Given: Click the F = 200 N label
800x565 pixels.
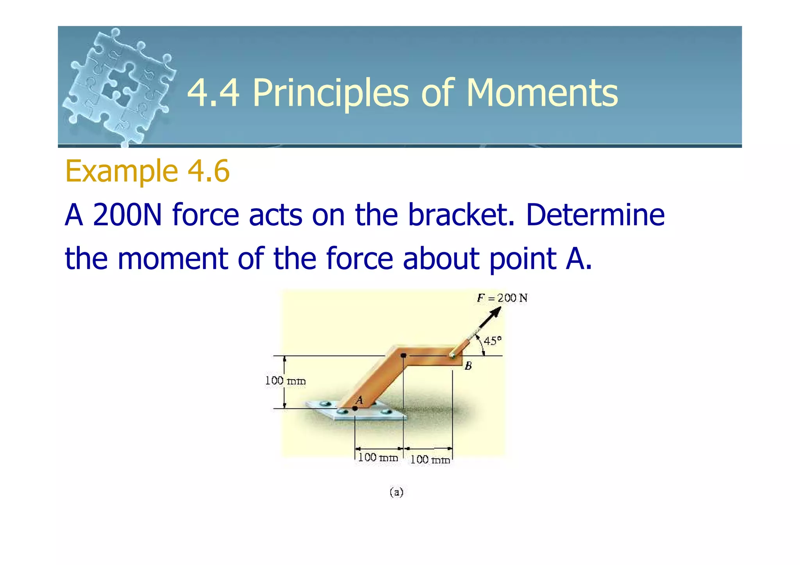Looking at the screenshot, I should click(502, 298).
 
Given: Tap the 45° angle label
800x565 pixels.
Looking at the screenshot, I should click(492, 341).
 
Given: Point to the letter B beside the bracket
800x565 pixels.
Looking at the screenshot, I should click(468, 366).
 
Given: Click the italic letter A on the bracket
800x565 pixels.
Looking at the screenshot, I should click(359, 400).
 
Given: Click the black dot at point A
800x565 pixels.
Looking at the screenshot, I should click(355, 408).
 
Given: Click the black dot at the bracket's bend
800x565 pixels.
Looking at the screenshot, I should click(404, 356).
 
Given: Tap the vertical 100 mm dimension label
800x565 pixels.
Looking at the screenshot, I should click(285, 381).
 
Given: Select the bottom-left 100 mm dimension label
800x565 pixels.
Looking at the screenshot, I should click(378, 457).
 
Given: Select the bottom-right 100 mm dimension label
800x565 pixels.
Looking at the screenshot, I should click(430, 460).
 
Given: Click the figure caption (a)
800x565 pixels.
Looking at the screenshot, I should click(396, 492).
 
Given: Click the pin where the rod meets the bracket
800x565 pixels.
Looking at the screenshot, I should click(452, 356).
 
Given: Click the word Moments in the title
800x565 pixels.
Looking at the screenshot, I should click(542, 93).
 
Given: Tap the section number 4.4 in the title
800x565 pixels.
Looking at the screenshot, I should click(213, 93).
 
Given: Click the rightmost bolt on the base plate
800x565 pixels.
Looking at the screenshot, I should click(386, 412).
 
